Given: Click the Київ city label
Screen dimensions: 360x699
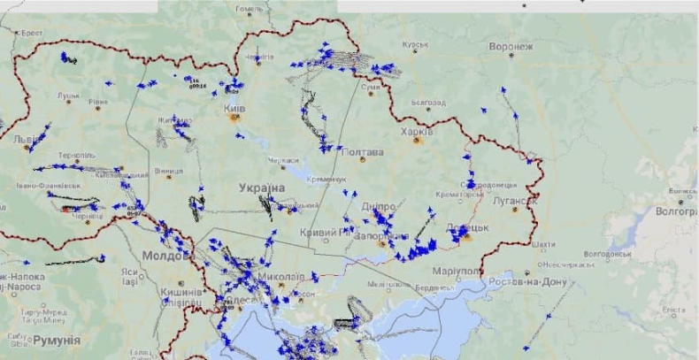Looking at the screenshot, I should tap(234, 108).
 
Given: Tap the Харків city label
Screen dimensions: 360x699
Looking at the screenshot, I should tap(418, 131).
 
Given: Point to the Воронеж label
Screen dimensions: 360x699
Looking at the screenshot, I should tap(511, 46).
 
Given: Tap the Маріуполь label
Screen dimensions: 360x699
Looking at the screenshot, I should tap(458, 270).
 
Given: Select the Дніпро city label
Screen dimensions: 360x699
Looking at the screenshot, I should tap(377, 206).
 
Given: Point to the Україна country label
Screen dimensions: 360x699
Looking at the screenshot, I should tap(262, 188).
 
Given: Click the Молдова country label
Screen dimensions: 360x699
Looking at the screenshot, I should tap(166, 256).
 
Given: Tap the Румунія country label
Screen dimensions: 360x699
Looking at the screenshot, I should tap(56, 340).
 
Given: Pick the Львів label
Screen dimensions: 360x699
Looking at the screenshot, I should tap(25, 140).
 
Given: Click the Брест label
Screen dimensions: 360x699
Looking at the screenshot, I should tap(32, 33).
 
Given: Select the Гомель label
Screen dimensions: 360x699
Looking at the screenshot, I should tap(250, 9).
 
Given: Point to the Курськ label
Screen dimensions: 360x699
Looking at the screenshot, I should tap(415, 43).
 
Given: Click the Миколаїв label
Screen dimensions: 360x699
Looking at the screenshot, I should tap(280, 276).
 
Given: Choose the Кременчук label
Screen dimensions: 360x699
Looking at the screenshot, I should tap(327, 179).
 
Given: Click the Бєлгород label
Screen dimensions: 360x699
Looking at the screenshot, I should tap(428, 103).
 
